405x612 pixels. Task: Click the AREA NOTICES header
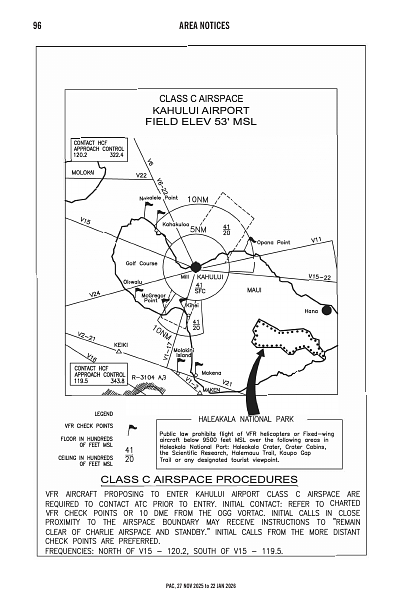click(201, 25)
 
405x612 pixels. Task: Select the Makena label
click(210, 373)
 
